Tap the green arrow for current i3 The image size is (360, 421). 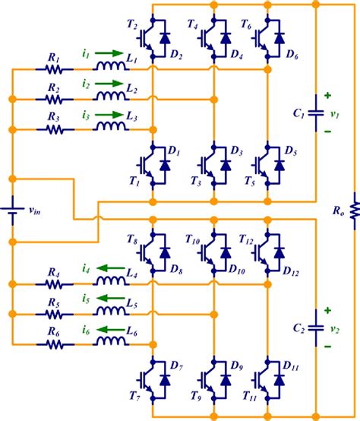pos(107,115)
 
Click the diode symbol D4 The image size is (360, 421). pos(224,37)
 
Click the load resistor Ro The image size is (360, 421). pos(353,206)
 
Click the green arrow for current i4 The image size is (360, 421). pos(107,268)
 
